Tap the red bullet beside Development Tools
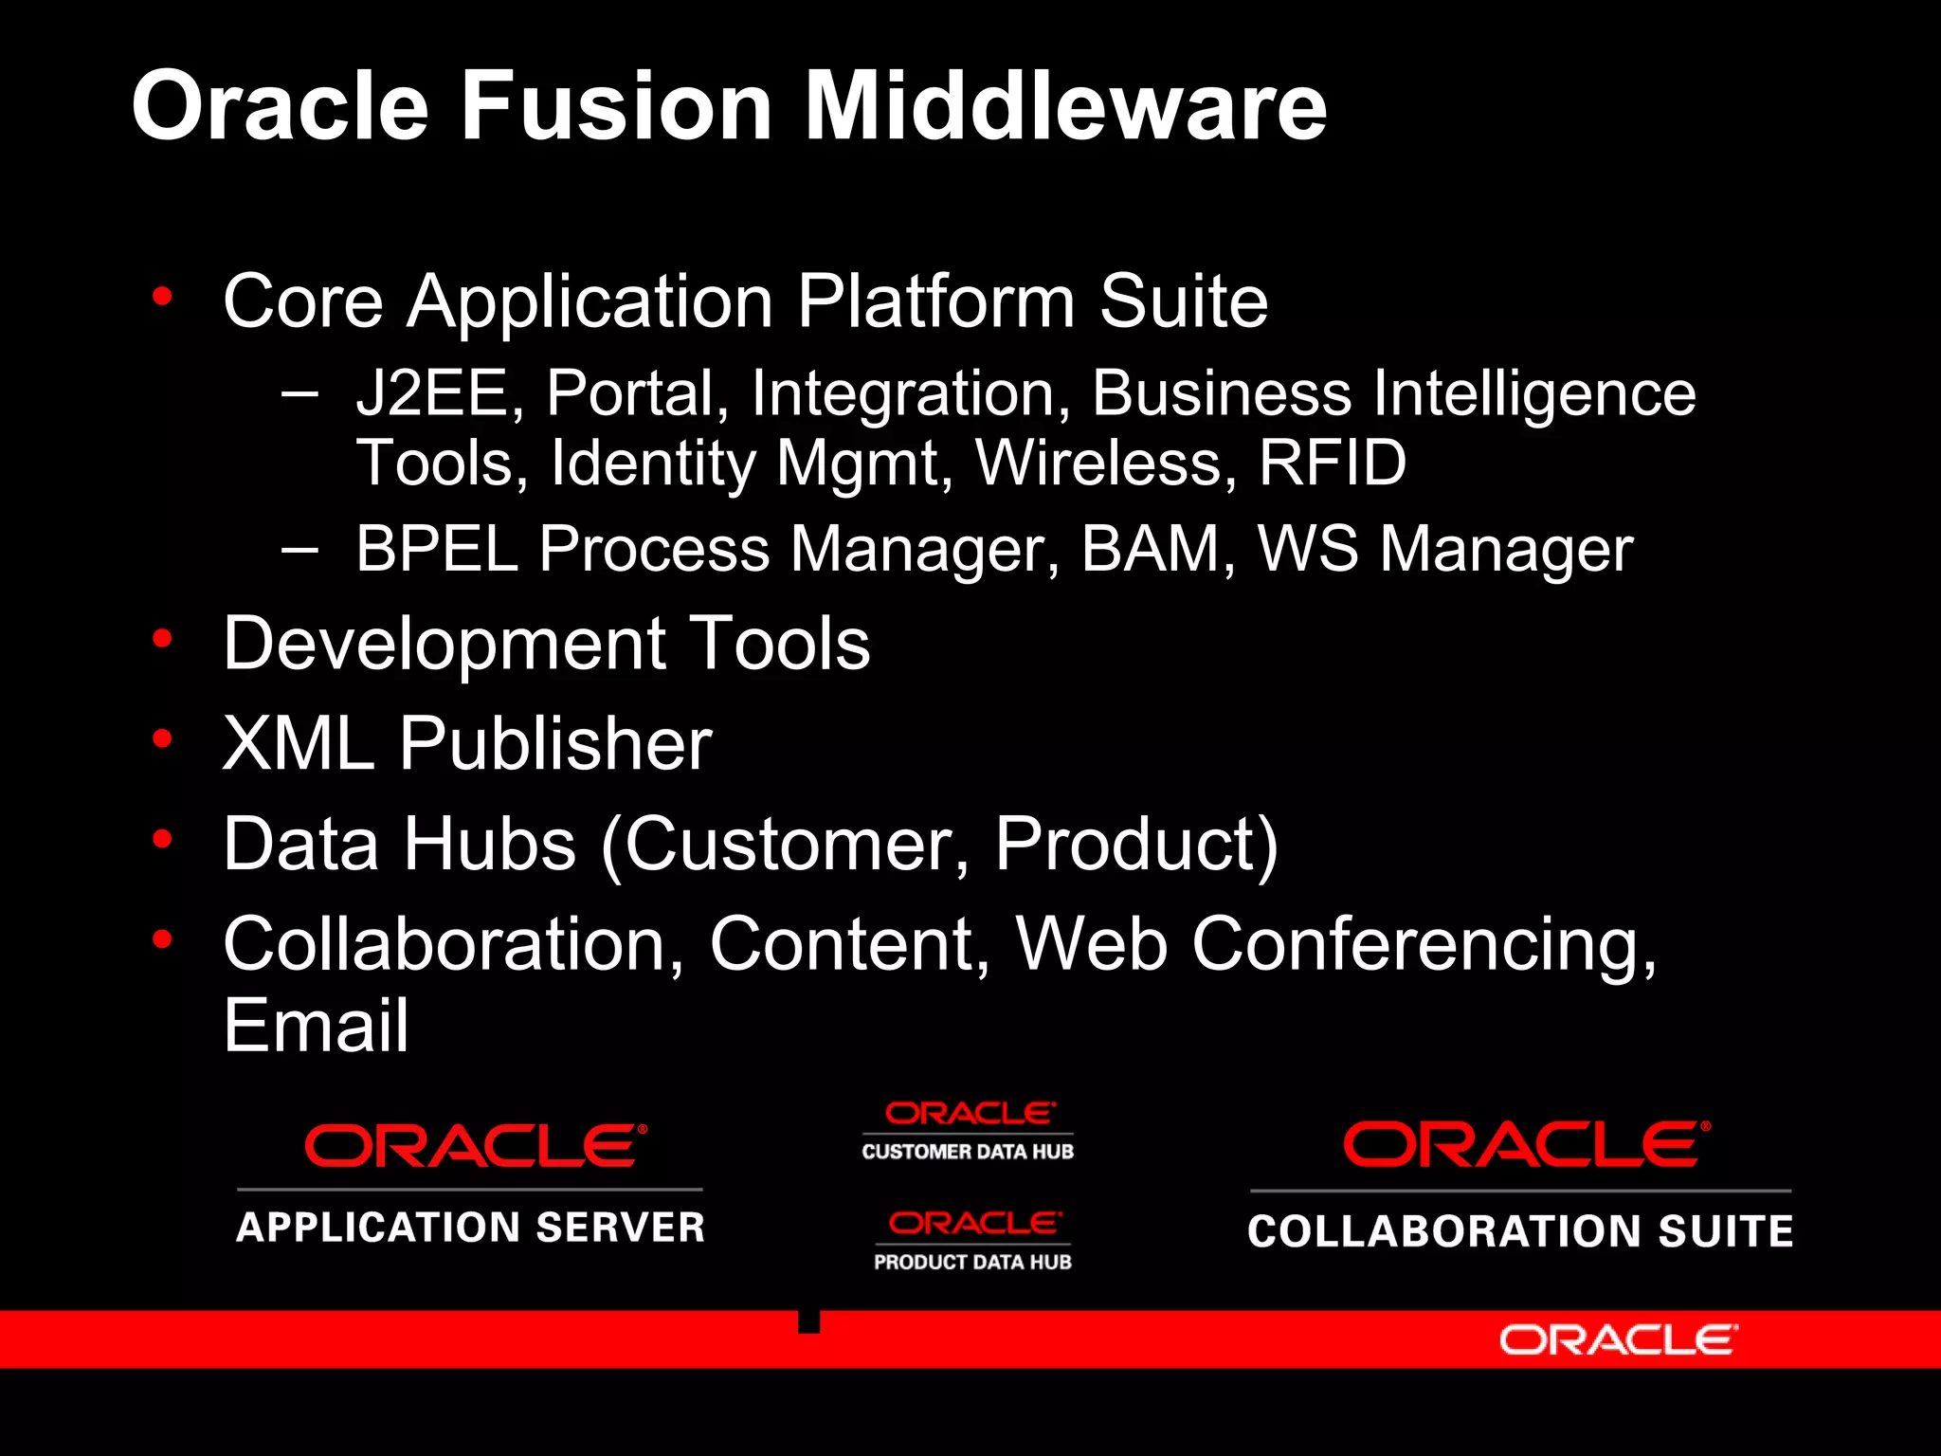(x=163, y=639)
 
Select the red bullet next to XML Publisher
(x=163, y=738)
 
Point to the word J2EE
(x=432, y=393)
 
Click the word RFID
(x=1332, y=464)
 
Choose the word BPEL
(x=437, y=549)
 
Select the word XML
(x=299, y=743)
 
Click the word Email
(x=316, y=1026)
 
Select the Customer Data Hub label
(x=968, y=1152)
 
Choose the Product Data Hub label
(x=972, y=1262)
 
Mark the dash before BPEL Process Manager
(x=299, y=549)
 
